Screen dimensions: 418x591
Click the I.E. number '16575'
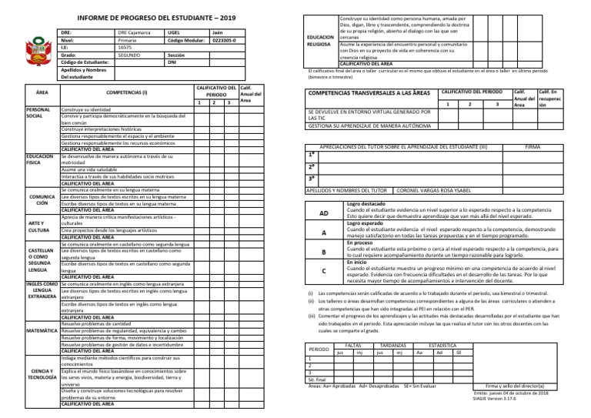tap(125, 48)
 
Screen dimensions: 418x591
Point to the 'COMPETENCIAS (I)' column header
tap(127, 91)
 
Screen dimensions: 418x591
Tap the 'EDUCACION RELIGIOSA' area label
tap(319, 39)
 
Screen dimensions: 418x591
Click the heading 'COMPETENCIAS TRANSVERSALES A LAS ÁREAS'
tap(368, 93)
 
